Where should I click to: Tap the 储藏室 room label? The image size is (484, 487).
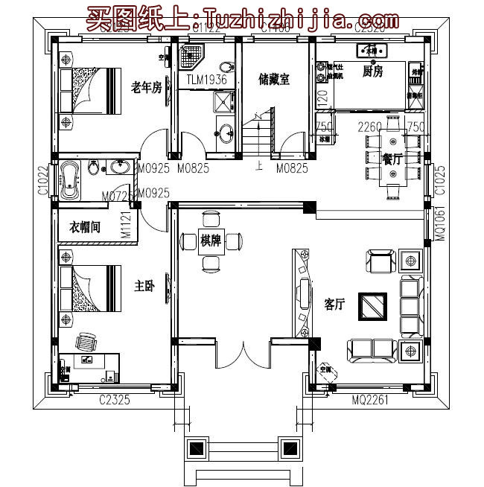[x=274, y=79]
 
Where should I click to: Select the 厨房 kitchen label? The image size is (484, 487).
[x=372, y=71]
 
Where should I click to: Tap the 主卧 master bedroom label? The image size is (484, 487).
[x=144, y=286]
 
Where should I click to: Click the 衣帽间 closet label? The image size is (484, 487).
[x=85, y=227]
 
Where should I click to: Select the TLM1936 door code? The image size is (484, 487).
[x=206, y=79]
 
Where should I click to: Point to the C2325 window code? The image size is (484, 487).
[x=115, y=401]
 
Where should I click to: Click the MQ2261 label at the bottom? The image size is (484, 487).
[x=369, y=401]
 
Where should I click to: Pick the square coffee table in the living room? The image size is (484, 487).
[x=374, y=306]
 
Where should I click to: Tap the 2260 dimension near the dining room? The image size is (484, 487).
[x=370, y=127]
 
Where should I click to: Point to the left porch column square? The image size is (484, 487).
[x=196, y=448]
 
